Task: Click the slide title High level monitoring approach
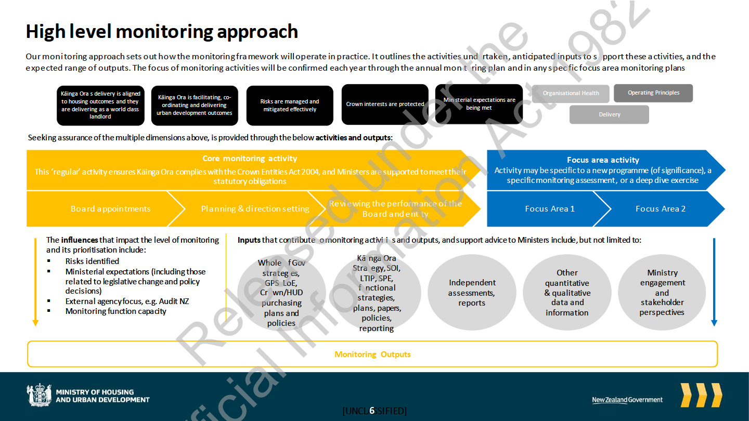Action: tap(162, 32)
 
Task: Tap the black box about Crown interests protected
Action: tap(385, 104)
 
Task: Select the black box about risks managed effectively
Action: tap(290, 106)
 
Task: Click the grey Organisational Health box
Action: tap(571, 94)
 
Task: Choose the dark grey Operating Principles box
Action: tap(653, 93)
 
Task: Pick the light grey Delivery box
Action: tap(609, 114)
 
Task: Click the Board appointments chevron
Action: tap(110, 209)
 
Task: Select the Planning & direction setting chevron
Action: tap(255, 209)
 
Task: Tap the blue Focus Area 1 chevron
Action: tap(549, 209)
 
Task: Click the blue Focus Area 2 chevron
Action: tap(660, 209)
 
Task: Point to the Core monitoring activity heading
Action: tap(250, 159)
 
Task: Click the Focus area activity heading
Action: tap(603, 160)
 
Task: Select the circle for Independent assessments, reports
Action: tap(472, 293)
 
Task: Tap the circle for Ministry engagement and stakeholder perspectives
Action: tap(662, 293)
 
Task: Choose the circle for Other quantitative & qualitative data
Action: tap(567, 293)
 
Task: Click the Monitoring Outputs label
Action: tap(372, 354)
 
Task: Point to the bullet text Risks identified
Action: tap(92, 261)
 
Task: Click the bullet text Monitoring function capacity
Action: tap(115, 311)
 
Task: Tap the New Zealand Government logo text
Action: tap(627, 400)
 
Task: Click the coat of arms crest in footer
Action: tap(39, 396)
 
